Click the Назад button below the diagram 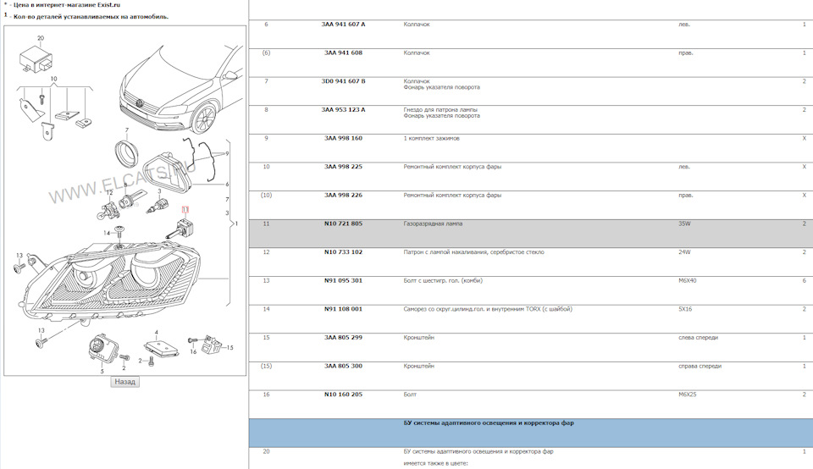(x=124, y=382)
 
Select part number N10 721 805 (x=343, y=223)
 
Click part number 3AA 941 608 (x=343, y=52)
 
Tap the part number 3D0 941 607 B (x=343, y=81)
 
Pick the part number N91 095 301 (x=343, y=281)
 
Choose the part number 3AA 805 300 (x=343, y=367)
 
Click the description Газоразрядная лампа (x=433, y=223)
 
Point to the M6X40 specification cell (x=688, y=281)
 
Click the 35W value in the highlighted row (x=684, y=223)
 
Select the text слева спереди (x=699, y=338)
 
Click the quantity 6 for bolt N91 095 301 (x=805, y=281)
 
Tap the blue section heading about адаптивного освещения (x=489, y=423)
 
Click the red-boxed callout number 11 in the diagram (x=185, y=209)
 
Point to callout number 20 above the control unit (x=41, y=38)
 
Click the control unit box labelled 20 (x=36, y=59)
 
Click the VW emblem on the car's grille (x=140, y=103)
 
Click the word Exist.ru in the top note (x=109, y=5)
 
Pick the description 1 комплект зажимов (x=431, y=138)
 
